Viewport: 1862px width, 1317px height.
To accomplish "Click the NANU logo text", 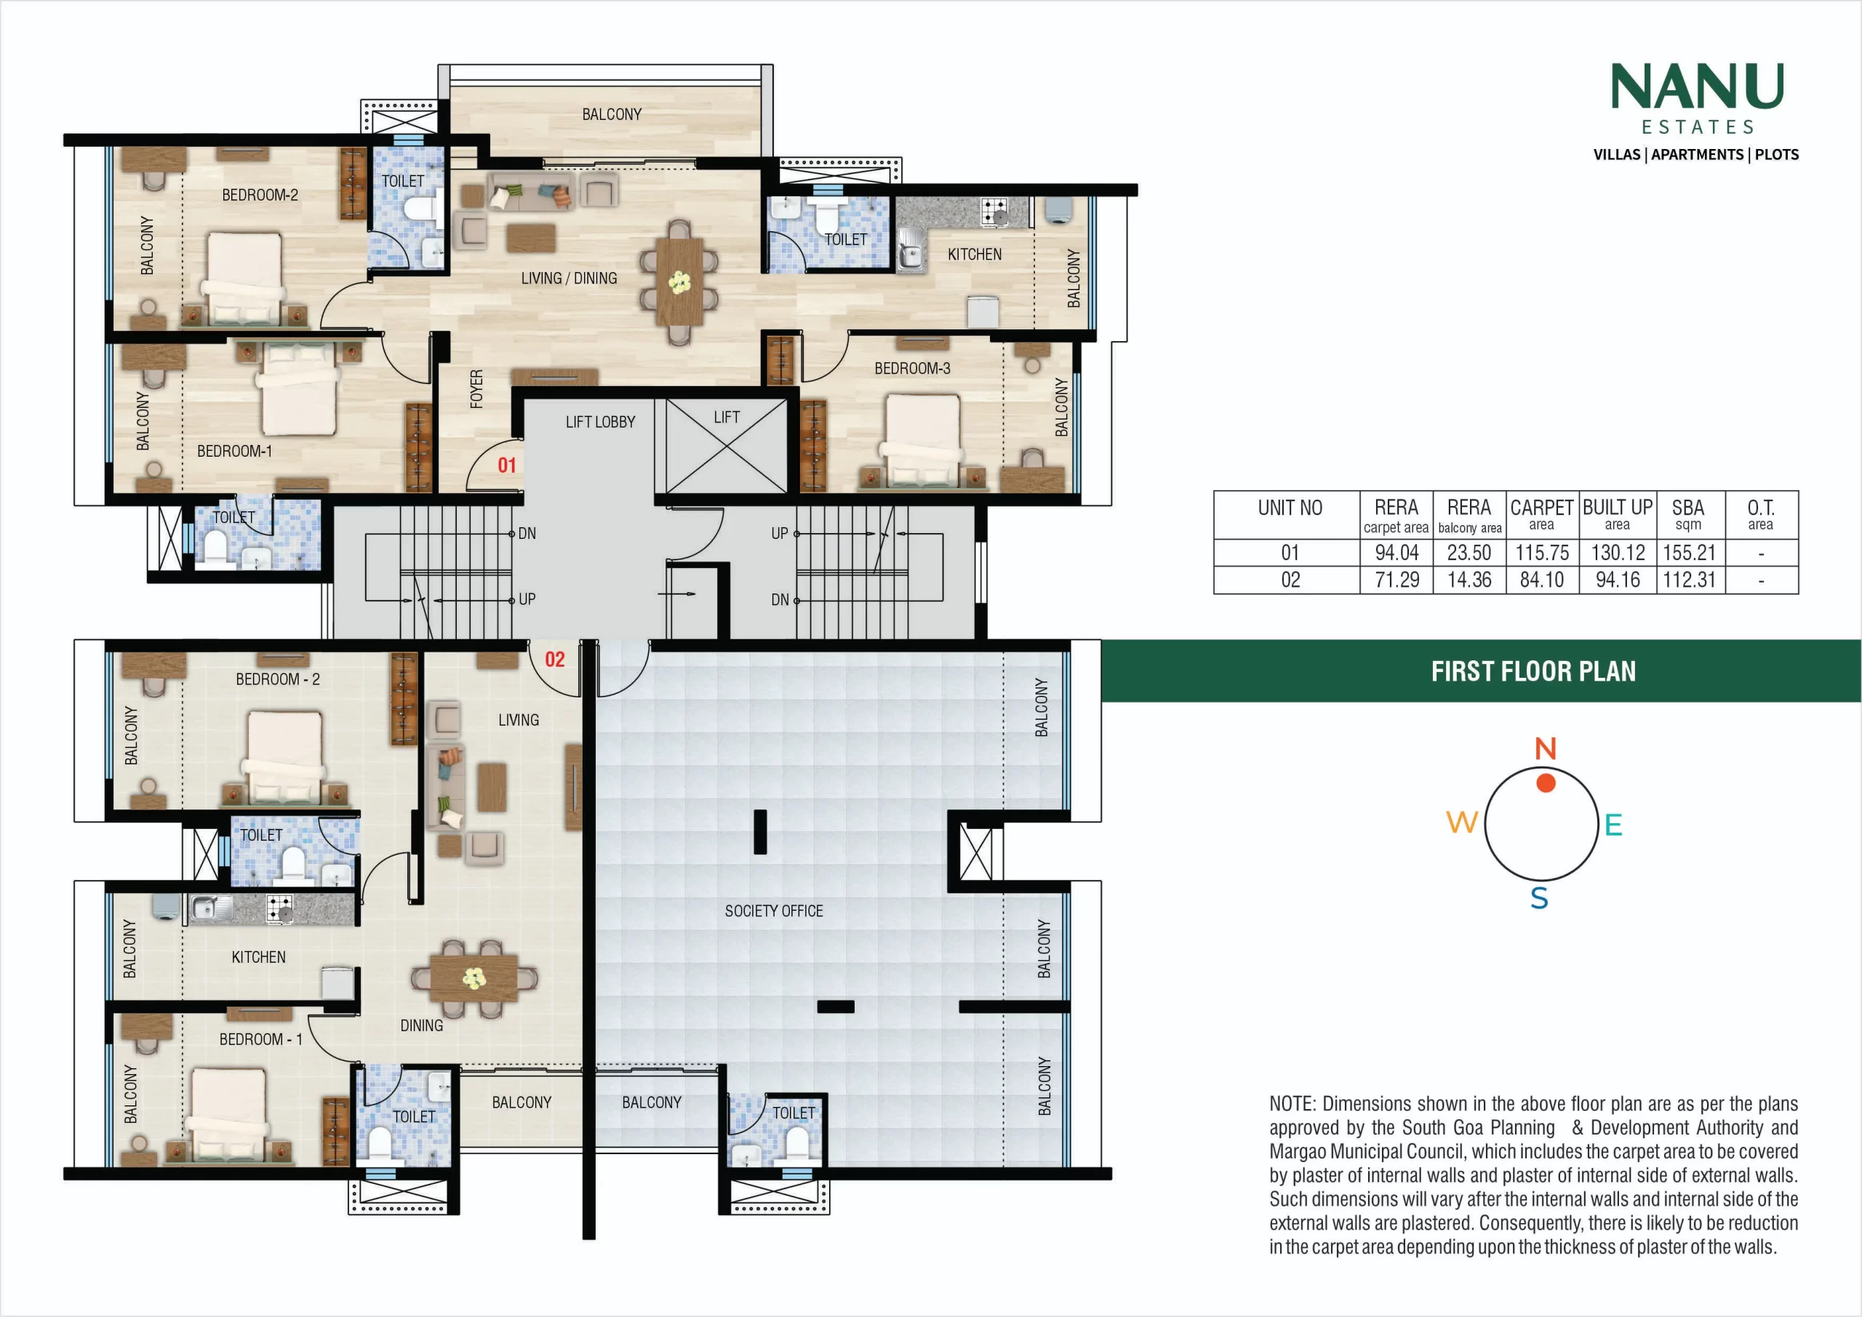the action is tap(1697, 86).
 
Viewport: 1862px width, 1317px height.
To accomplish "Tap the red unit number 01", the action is tap(507, 465).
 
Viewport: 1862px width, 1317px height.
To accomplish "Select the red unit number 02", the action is tap(555, 660).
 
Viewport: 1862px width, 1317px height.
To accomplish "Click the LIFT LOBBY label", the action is tap(600, 422).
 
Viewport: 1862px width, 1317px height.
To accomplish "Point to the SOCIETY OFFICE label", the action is tap(774, 910).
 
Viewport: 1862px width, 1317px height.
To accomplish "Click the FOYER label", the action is tap(477, 388).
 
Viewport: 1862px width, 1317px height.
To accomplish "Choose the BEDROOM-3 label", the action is tap(912, 368).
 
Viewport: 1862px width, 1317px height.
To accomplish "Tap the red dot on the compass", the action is tap(1546, 782).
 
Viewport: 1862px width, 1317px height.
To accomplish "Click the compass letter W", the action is tap(1462, 822).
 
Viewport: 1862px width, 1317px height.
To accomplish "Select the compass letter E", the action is tap(1613, 825).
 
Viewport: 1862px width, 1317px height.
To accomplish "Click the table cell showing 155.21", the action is tap(1690, 553).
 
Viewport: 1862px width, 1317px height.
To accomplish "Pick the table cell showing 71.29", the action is tap(1396, 580).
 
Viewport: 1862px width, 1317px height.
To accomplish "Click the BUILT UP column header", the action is tap(1617, 514).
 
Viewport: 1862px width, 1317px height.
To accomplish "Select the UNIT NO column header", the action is tap(1290, 508).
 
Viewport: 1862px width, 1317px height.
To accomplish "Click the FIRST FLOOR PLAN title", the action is tap(1533, 671).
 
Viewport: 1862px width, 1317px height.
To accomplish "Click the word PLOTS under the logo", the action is tap(1777, 155).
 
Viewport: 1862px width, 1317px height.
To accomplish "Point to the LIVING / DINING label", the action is tap(569, 278).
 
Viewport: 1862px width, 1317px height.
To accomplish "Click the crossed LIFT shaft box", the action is tap(727, 445).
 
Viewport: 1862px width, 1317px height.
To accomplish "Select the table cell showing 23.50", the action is tap(1469, 553).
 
